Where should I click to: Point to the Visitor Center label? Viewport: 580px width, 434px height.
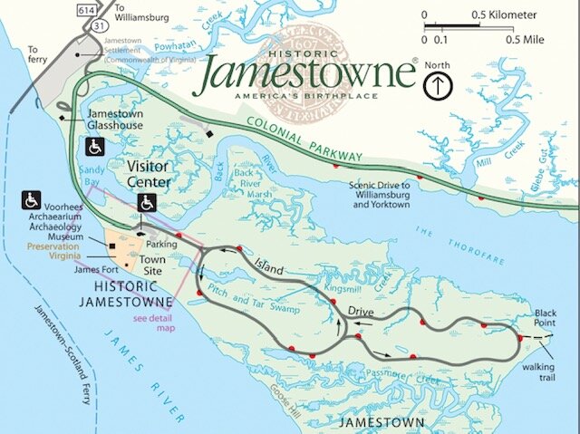(155, 173)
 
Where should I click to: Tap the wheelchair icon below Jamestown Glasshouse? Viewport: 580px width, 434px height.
(94, 146)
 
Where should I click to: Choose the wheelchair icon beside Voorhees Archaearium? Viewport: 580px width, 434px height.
(31, 198)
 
